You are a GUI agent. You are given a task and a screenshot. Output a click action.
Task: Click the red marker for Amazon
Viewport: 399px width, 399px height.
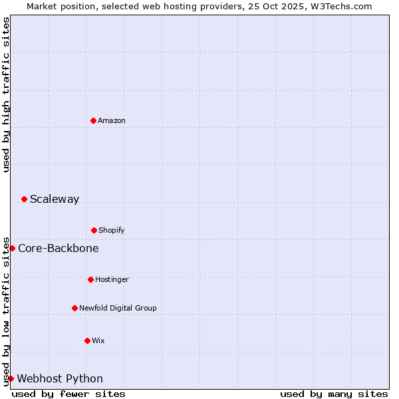(x=93, y=120)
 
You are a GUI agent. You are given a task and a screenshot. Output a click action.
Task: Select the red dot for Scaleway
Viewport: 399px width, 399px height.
(x=24, y=199)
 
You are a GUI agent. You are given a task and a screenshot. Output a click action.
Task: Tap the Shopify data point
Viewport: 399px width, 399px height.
(x=94, y=230)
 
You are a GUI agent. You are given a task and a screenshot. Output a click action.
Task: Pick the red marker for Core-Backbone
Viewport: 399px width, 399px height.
(x=12, y=248)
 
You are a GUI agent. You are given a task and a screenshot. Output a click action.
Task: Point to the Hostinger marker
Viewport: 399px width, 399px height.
(x=90, y=279)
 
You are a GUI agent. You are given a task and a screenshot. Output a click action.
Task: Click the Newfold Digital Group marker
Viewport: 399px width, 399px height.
(x=74, y=308)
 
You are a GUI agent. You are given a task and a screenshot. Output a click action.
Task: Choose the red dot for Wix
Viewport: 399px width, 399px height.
(x=87, y=340)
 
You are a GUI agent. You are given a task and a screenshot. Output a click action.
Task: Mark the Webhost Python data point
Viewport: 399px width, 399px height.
(x=11, y=378)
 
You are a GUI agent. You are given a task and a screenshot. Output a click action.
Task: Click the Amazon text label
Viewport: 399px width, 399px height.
(x=112, y=120)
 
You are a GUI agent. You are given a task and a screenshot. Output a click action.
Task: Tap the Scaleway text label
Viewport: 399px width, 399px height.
(x=55, y=199)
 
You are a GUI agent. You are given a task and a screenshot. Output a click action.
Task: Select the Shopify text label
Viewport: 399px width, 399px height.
(x=112, y=230)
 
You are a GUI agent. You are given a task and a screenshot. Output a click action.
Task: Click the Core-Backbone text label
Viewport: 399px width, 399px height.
(x=59, y=248)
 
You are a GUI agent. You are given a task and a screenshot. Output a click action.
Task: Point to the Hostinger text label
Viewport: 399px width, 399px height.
(x=112, y=279)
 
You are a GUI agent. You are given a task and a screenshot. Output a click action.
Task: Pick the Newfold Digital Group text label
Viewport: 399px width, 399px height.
(x=118, y=308)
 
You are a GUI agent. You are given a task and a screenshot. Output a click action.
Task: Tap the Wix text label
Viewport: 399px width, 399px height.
(x=98, y=340)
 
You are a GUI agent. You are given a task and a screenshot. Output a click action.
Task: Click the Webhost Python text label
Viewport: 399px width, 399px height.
(x=60, y=378)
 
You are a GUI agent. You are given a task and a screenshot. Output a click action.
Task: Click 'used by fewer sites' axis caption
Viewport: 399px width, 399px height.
(x=68, y=394)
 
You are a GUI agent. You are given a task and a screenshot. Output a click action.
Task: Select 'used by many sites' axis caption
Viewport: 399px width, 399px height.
(x=334, y=394)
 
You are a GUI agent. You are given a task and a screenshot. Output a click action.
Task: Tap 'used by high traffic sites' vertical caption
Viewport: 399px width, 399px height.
(x=6, y=94)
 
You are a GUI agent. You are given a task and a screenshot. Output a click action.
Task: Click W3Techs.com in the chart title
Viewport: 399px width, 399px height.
(x=339, y=6)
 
